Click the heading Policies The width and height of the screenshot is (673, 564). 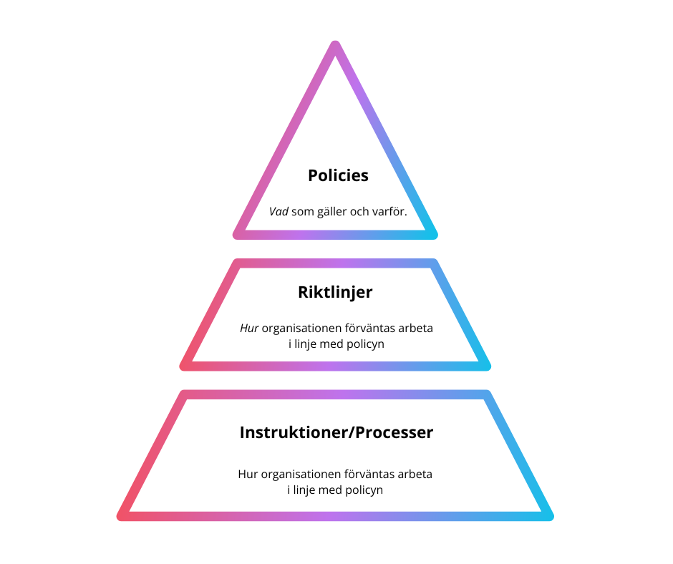coord(338,175)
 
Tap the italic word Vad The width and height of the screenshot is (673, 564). coord(279,212)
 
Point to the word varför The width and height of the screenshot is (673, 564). coord(389,212)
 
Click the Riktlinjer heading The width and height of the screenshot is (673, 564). coord(335,292)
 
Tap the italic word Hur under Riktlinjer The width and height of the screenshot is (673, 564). coord(248,329)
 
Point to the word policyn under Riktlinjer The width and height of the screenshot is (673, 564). coord(365,344)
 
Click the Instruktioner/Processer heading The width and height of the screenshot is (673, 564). coord(336,433)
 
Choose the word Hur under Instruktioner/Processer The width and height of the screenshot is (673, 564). coord(247,474)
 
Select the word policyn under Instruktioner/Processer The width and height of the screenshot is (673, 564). coord(364,490)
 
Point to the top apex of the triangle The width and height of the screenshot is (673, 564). coord(335,45)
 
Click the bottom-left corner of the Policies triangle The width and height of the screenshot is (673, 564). coord(238,234)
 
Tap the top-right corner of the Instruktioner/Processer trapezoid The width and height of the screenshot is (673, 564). coord(487,394)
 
